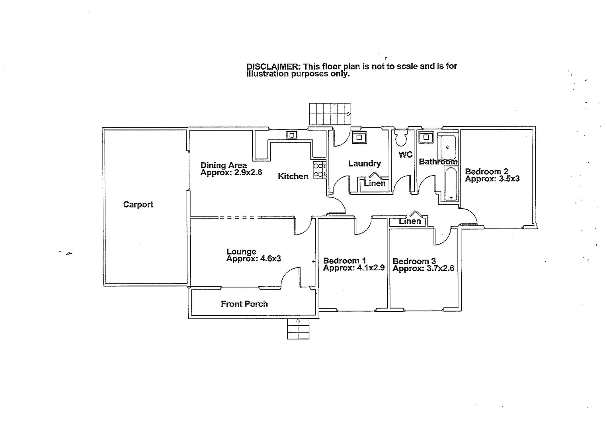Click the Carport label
(138, 205)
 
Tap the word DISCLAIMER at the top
(273, 66)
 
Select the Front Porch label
(244, 304)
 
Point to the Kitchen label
(293, 176)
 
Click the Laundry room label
(365, 163)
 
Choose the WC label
(405, 154)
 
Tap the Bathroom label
(438, 162)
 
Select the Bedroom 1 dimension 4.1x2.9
(371, 268)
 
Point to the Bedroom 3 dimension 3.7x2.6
(439, 268)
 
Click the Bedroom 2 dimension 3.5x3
(509, 179)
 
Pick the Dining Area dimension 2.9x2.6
(248, 172)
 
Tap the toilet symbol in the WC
(400, 138)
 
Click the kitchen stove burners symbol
(319, 170)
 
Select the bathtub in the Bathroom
(451, 184)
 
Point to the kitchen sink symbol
(292, 135)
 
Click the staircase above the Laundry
(330, 113)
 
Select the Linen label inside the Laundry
(375, 184)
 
